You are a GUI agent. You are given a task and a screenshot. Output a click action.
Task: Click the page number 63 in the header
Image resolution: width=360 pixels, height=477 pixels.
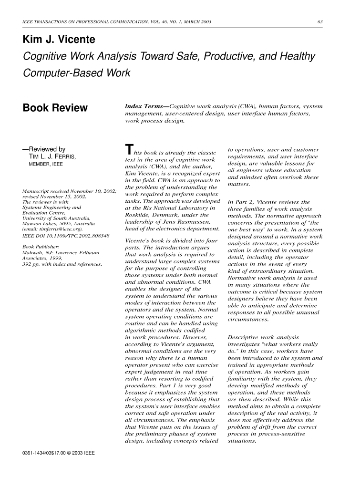pyautogui.click(x=320, y=21)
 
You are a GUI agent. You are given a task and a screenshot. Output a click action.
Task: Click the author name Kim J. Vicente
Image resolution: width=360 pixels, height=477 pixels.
pyautogui.click(x=59, y=40)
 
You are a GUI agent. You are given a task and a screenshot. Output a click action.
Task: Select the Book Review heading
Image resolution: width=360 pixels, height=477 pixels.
pyautogui.click(x=55, y=108)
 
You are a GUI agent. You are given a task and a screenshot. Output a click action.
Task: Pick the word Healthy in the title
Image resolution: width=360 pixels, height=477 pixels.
pyautogui.click(x=291, y=57)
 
